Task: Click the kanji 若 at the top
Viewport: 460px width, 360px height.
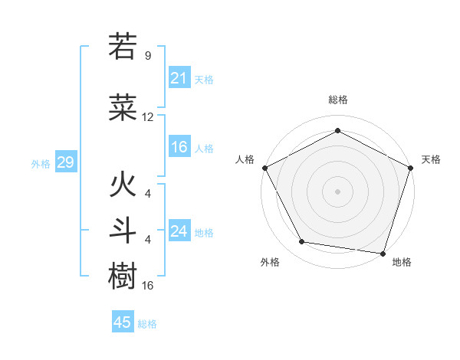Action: (123, 47)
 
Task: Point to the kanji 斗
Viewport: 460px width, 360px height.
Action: (123, 231)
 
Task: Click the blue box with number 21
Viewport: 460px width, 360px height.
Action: (179, 78)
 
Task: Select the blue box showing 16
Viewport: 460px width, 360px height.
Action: (179, 147)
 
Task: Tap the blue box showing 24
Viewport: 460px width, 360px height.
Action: (179, 231)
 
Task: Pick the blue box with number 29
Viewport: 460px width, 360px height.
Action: (65, 162)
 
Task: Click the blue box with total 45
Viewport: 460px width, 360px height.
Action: (123, 322)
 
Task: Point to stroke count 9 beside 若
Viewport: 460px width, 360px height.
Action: (148, 56)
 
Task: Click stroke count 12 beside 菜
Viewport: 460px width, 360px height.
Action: (148, 117)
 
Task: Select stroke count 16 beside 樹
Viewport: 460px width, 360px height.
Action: (148, 286)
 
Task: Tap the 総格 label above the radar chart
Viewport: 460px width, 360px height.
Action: (338, 100)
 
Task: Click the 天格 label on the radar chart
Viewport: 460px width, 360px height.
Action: (431, 159)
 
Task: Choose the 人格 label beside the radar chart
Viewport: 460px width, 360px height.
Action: (245, 159)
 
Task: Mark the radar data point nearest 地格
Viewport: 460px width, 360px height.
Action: (383, 253)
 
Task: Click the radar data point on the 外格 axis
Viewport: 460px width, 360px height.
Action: (302, 242)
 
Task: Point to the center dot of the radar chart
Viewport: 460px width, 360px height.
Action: (338, 191)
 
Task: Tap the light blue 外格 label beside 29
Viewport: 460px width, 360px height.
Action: (41, 163)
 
